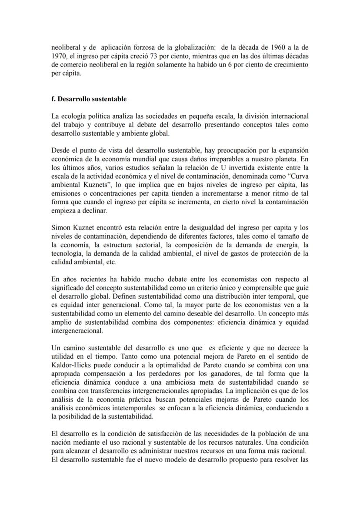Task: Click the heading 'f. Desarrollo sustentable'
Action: click(x=89, y=99)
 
